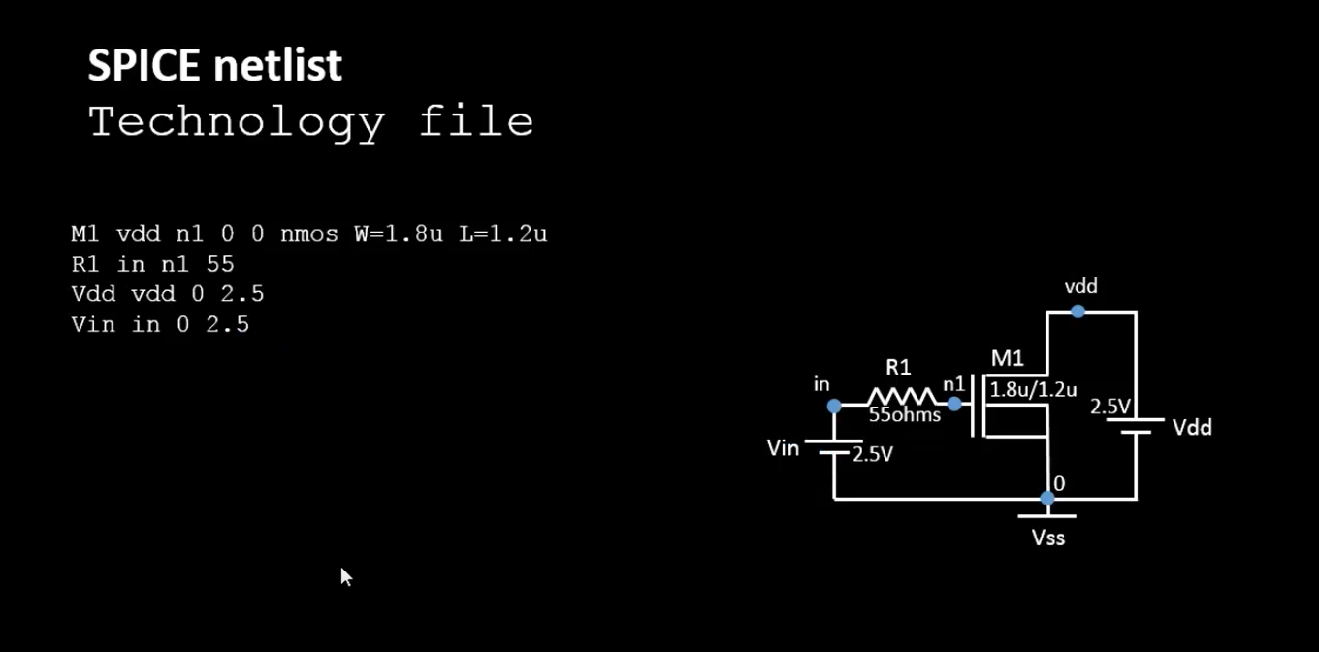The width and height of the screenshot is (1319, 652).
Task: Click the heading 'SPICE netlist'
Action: pyautogui.click(x=214, y=65)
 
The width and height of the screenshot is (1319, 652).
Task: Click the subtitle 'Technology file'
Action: pyautogui.click(x=310, y=122)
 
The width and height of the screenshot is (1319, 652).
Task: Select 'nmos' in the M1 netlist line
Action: pyautogui.click(x=309, y=234)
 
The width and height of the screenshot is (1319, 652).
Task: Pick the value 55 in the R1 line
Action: pyautogui.click(x=220, y=264)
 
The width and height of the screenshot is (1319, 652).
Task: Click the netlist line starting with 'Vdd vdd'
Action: pyautogui.click(x=167, y=294)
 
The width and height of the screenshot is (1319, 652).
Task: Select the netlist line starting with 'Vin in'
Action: pyautogui.click(x=160, y=324)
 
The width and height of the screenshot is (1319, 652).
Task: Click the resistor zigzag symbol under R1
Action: pyautogui.click(x=902, y=397)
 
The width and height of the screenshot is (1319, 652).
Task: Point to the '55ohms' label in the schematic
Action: pyautogui.click(x=904, y=415)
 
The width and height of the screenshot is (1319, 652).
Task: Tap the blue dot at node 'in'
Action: pyautogui.click(x=834, y=406)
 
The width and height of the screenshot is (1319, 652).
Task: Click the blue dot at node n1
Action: pyautogui.click(x=954, y=404)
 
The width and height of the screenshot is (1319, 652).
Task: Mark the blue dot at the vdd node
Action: pyautogui.click(x=1078, y=311)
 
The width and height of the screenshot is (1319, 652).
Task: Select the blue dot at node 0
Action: pyautogui.click(x=1047, y=499)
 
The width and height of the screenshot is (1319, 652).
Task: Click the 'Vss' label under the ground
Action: pyautogui.click(x=1048, y=538)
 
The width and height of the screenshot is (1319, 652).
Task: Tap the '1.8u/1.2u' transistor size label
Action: pyautogui.click(x=1033, y=390)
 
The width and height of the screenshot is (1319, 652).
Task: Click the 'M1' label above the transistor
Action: pyautogui.click(x=1007, y=358)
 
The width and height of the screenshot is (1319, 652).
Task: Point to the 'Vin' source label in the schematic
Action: pyautogui.click(x=783, y=448)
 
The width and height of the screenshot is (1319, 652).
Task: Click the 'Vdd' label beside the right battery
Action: pyautogui.click(x=1192, y=428)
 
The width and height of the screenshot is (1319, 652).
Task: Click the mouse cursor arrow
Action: pyautogui.click(x=345, y=576)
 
